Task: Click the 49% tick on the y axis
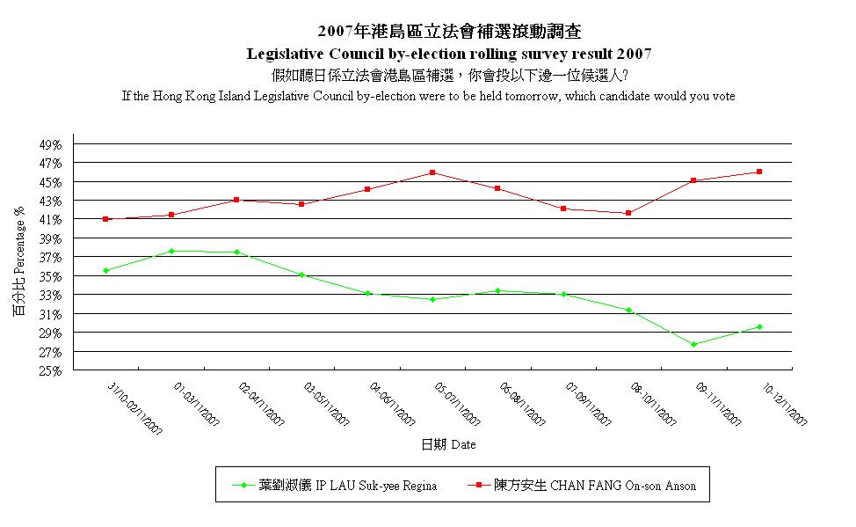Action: click(x=51, y=144)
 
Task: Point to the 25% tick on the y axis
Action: click(x=51, y=371)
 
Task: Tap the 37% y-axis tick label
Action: click(x=51, y=258)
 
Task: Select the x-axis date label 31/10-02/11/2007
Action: click(x=135, y=408)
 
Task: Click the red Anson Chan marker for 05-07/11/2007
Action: click(x=432, y=172)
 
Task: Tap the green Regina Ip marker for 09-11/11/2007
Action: click(x=693, y=344)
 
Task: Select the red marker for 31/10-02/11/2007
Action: click(x=105, y=219)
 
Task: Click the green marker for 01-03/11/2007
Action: click(x=171, y=251)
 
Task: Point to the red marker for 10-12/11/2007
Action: click(x=759, y=172)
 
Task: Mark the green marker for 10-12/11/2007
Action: click(x=759, y=326)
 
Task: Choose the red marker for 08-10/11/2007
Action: click(x=628, y=213)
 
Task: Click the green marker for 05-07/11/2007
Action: click(x=432, y=299)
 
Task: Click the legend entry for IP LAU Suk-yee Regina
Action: click(x=347, y=485)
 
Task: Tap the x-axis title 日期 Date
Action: click(x=448, y=444)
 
